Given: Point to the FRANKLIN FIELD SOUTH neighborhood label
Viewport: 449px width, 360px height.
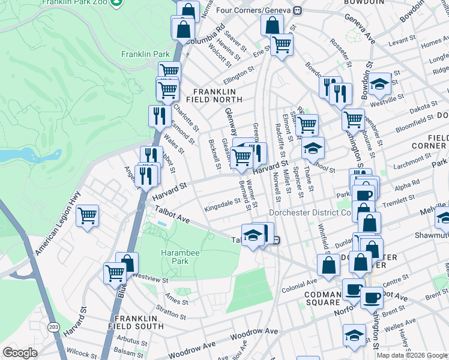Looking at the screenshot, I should [136, 322].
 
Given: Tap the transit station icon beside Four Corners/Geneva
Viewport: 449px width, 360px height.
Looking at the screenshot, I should [297, 10].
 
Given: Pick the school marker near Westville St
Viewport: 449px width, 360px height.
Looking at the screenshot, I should [379, 84].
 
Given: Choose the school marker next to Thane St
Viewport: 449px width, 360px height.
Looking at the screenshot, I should [312, 147].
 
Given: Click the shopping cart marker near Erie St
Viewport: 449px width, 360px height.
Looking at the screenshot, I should [281, 44].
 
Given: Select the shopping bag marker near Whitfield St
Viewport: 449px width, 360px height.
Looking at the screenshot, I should [328, 265].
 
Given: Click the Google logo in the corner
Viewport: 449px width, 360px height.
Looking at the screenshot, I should [20, 353].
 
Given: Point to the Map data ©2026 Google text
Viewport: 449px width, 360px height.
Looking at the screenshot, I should [412, 355].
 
